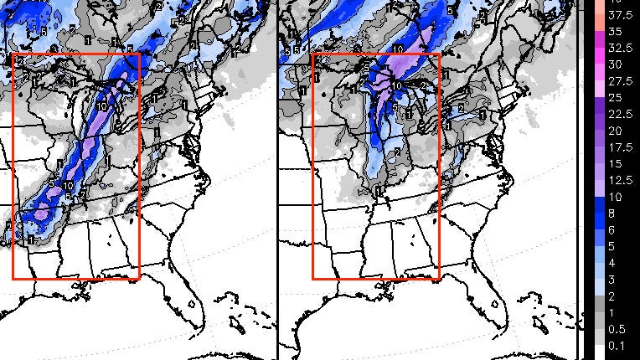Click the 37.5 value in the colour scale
619,14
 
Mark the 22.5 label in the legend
619,115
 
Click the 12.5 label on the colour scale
619,181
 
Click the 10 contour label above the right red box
400,49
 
